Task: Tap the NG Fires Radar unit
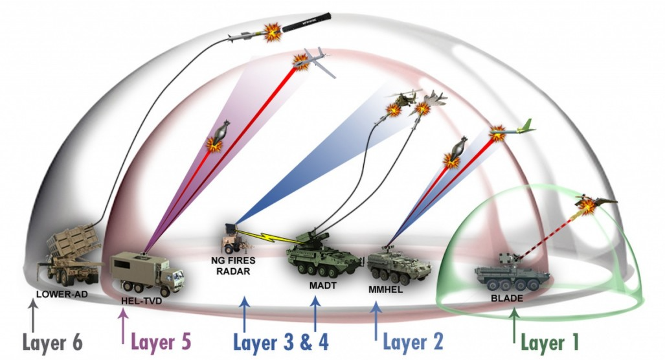pos(230,239)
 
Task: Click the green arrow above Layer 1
pos(514,324)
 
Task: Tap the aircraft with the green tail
pos(512,131)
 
